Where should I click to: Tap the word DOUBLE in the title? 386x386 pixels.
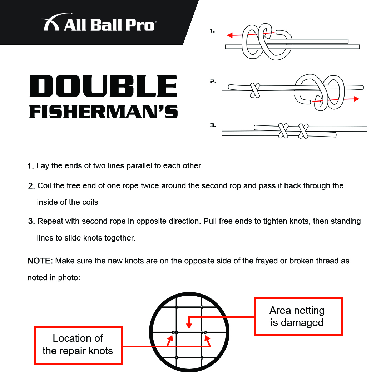click(x=103, y=86)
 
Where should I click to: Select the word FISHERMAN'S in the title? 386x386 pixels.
click(x=103, y=112)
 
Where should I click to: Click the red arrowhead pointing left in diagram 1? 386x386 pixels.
click(x=230, y=35)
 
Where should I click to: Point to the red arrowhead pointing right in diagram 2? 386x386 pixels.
click(x=356, y=99)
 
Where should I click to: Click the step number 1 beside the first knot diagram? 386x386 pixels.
click(x=212, y=31)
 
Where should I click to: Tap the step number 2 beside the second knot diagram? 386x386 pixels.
click(x=213, y=81)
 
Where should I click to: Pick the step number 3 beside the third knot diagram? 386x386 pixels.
click(x=213, y=125)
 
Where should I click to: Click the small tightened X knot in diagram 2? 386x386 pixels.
click(x=255, y=90)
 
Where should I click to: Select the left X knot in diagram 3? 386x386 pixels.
click(x=283, y=131)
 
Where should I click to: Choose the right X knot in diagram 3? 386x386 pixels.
click(x=303, y=131)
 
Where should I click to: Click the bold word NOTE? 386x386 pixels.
click(x=40, y=261)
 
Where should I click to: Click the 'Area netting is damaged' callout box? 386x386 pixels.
click(x=298, y=316)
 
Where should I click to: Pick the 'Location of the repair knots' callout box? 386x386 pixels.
click(x=78, y=345)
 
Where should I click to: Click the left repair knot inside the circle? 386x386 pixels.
click(x=174, y=332)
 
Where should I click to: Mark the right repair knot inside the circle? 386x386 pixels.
click(x=204, y=332)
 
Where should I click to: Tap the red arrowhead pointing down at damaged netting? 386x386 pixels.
click(x=189, y=326)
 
